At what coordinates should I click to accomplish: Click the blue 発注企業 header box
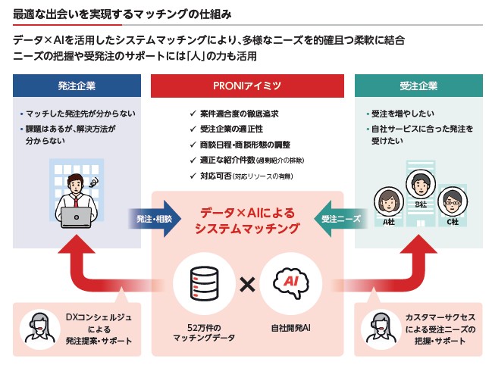coord(76,86)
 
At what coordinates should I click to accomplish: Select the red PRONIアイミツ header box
coord(248,86)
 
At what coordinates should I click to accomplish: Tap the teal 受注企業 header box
coord(417,86)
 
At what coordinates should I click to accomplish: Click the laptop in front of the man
coord(77,217)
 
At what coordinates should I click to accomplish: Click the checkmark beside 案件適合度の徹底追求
coord(194,114)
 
